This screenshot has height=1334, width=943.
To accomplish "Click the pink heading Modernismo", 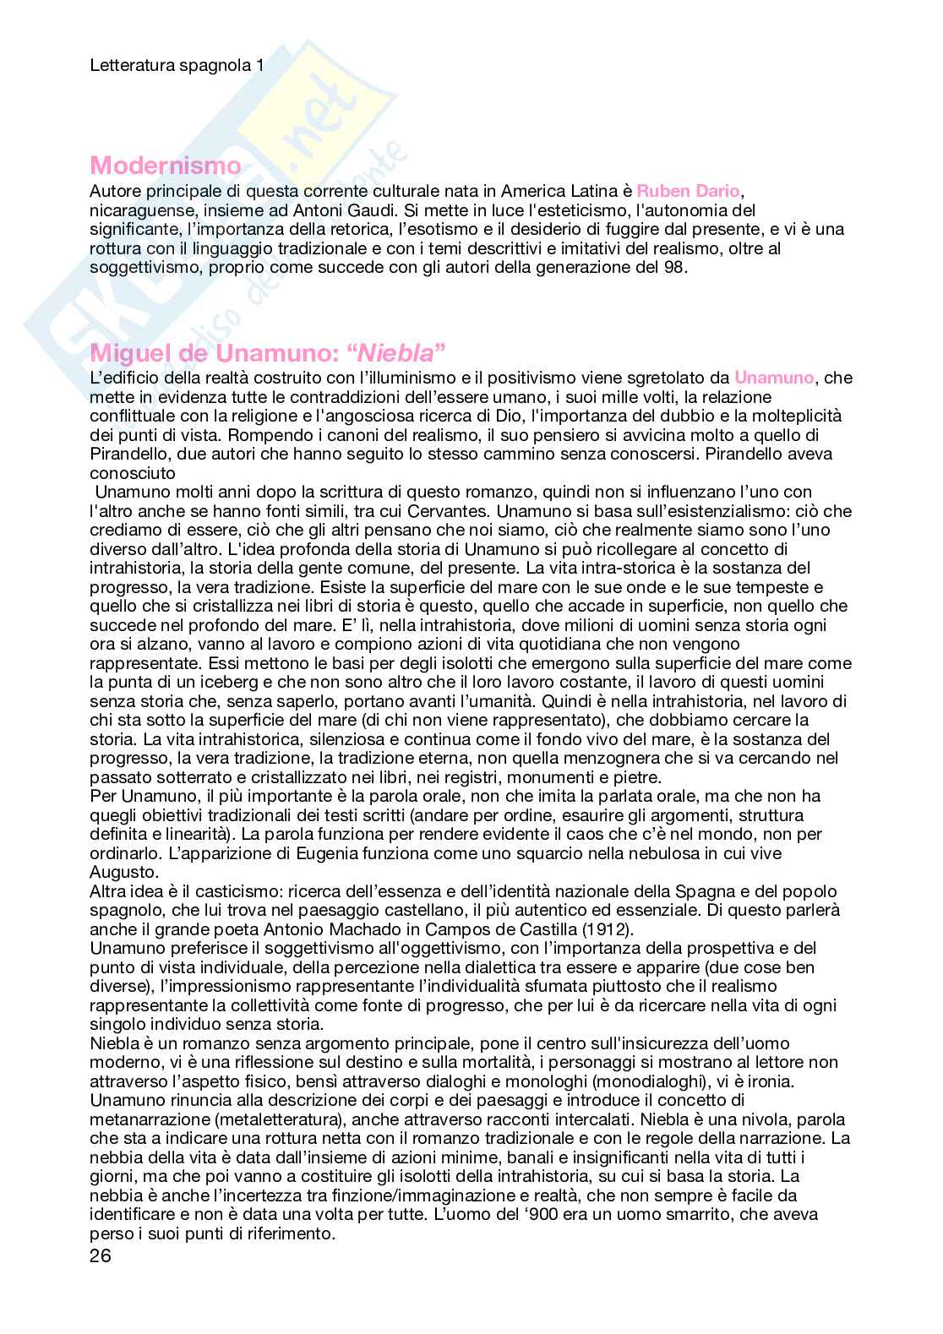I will [x=165, y=166].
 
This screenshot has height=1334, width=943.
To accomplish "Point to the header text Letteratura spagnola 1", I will [x=177, y=64].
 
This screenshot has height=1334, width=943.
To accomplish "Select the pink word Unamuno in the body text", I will [x=774, y=378].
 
